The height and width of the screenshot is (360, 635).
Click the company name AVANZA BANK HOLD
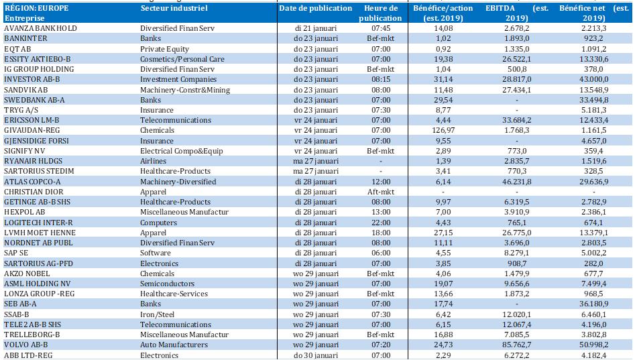(41, 29)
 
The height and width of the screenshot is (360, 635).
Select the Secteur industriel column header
(174, 9)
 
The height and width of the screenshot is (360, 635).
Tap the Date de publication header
(315, 9)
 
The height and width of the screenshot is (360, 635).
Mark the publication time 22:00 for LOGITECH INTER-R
(380, 223)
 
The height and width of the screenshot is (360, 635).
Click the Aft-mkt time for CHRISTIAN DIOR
(380, 192)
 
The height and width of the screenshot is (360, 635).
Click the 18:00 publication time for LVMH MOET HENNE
(380, 233)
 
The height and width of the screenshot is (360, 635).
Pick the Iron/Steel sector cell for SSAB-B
(159, 314)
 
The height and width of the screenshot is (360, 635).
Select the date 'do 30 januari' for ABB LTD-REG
(315, 355)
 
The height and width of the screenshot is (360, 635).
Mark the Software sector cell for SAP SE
(156, 253)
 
